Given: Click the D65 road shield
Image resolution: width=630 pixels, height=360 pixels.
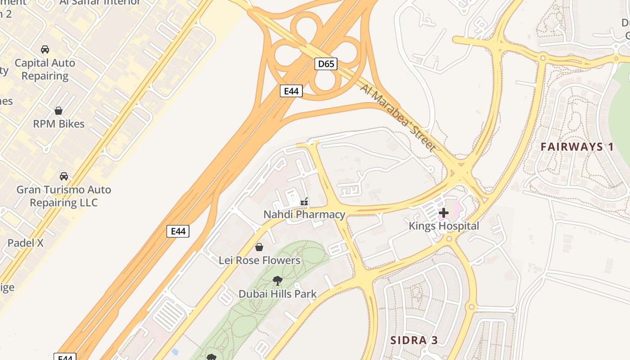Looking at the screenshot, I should pyautogui.click(x=326, y=64).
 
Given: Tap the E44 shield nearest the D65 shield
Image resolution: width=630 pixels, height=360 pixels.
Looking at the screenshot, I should pyautogui.click(x=291, y=91).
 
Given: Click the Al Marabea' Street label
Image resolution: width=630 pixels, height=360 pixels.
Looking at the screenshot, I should pyautogui.click(x=398, y=117).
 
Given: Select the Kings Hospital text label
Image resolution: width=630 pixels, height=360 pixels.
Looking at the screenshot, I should pyautogui.click(x=444, y=226).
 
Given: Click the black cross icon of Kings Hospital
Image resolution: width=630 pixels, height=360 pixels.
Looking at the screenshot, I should pyautogui.click(x=444, y=213).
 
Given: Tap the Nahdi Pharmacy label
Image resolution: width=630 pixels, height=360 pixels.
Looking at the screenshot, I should pyautogui.click(x=304, y=215).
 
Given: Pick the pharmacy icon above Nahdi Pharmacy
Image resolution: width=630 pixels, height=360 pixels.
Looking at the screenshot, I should pyautogui.click(x=305, y=201).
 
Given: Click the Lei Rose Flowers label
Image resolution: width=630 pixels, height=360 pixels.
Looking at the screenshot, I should pyautogui.click(x=259, y=261).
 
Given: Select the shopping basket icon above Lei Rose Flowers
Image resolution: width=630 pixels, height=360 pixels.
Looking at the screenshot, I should pyautogui.click(x=259, y=247).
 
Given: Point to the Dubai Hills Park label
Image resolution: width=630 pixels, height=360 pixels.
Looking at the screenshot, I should pyautogui.click(x=278, y=294).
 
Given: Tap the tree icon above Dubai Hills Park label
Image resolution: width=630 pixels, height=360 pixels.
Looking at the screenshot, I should pyautogui.click(x=278, y=281).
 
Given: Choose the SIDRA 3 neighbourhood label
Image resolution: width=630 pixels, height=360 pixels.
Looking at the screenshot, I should pyautogui.click(x=414, y=340).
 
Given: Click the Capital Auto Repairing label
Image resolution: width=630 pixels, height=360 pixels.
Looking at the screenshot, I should pyautogui.click(x=45, y=69).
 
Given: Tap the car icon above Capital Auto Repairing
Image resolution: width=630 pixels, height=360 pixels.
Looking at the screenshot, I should pyautogui.click(x=45, y=49).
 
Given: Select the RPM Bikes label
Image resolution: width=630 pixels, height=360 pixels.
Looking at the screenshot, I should pyautogui.click(x=59, y=124).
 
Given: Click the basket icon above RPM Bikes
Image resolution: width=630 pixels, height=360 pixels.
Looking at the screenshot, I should pyautogui.click(x=58, y=111).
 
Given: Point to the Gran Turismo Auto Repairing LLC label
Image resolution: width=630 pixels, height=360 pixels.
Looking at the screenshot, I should pyautogui.click(x=63, y=196).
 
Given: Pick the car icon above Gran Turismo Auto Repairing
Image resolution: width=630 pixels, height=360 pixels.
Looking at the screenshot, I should pyautogui.click(x=64, y=176).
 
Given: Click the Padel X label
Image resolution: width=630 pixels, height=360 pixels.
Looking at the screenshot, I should pyautogui.click(x=26, y=243).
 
